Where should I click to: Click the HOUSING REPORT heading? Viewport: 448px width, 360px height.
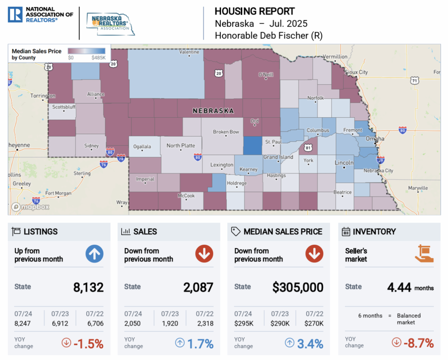[255, 12]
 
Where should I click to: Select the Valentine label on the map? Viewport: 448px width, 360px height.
[189, 52]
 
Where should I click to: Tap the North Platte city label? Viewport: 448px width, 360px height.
[181, 145]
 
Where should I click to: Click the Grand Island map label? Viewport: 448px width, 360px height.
[278, 157]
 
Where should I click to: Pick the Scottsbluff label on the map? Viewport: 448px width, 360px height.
[64, 107]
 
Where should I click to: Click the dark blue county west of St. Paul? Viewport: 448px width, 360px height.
[252, 145]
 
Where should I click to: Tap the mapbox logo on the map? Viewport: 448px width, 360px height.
[31, 207]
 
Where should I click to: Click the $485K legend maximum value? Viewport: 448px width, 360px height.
[99, 58]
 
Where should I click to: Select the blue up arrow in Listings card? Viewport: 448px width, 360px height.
[94, 254]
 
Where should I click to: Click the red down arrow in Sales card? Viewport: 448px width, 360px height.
[204, 254]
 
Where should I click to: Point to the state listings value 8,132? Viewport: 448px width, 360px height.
[88, 287]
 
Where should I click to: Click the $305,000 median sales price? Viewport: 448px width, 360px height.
[298, 287]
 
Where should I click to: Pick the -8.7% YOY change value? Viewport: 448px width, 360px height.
[419, 343]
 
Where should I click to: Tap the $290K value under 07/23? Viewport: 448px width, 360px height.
[280, 323]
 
